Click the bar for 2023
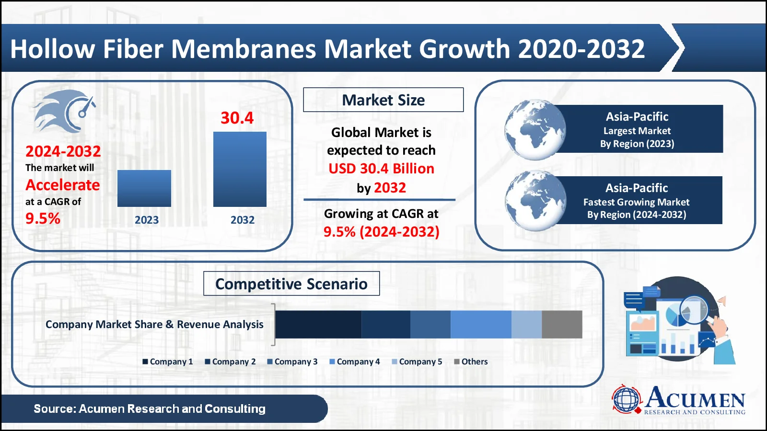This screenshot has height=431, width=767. click(x=144, y=188)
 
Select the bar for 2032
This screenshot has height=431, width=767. click(x=240, y=169)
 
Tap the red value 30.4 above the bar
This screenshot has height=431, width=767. click(x=237, y=118)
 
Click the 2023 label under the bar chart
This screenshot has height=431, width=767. click(x=146, y=220)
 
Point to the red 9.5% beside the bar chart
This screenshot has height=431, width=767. click(x=43, y=218)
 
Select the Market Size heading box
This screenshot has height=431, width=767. click(x=383, y=100)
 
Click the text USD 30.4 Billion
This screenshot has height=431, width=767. click(x=381, y=169)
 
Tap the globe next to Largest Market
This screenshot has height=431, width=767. click(x=535, y=129)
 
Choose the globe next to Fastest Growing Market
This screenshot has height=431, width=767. click(x=535, y=201)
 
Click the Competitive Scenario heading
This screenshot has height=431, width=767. click(x=291, y=284)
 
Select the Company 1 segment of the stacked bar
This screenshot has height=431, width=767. click(x=318, y=324)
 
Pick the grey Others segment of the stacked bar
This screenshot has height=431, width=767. click(x=562, y=324)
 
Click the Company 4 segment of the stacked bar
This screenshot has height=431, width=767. click(x=481, y=324)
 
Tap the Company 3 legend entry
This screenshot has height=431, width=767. click(x=292, y=362)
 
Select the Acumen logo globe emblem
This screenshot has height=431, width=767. click(x=627, y=399)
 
